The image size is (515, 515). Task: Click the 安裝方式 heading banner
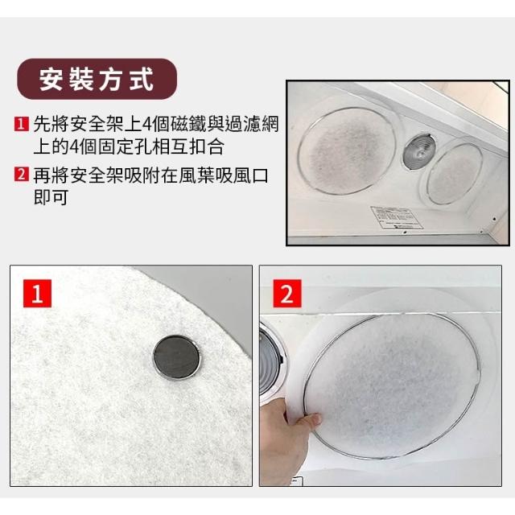pos(97,79)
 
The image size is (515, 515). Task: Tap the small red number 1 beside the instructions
pos(22,124)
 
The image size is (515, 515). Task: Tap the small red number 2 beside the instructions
pos(22,174)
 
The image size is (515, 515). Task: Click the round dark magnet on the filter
pos(176,357)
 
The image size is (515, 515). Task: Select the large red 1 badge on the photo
pos(37,293)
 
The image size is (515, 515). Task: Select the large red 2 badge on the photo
pos(286,293)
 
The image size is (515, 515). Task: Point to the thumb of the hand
pos(308,422)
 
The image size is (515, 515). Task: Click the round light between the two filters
pos(419,151)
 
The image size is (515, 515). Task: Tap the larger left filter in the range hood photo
pos(347,150)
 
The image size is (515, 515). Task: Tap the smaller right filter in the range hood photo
pos(454,173)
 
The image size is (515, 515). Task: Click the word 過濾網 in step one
pos(252,124)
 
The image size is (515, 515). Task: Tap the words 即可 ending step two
pos(51,196)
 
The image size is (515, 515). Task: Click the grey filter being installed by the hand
pos(392,385)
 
